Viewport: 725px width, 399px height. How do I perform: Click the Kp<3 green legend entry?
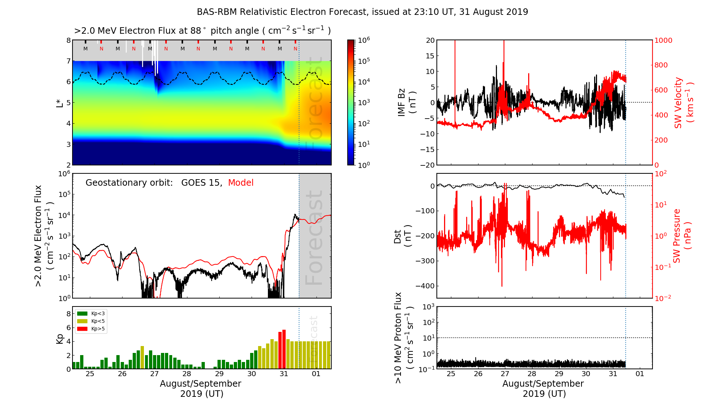click(x=91, y=313)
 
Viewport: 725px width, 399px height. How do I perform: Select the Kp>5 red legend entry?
click(x=91, y=329)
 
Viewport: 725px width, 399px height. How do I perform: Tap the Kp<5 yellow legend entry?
click(x=91, y=321)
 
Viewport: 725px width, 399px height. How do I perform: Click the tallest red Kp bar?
click(x=284, y=348)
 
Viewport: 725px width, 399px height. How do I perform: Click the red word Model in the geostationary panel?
click(x=241, y=183)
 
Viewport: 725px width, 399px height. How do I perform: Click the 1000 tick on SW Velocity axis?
click(x=663, y=40)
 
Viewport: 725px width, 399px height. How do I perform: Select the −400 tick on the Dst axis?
click(x=424, y=286)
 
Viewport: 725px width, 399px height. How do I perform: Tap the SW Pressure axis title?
click(x=682, y=236)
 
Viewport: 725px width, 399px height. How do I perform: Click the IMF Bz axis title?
click(x=406, y=102)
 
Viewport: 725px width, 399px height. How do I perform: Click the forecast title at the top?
click(x=362, y=12)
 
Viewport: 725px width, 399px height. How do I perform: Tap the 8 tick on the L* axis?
click(x=68, y=40)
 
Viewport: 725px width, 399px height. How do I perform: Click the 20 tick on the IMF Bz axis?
click(x=430, y=40)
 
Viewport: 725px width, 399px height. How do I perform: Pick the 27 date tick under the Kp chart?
click(x=154, y=374)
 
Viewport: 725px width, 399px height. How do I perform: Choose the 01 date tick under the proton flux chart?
click(x=640, y=374)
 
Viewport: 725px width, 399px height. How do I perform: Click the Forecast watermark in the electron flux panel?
click(x=314, y=238)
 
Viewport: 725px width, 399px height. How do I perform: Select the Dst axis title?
click(x=403, y=236)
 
